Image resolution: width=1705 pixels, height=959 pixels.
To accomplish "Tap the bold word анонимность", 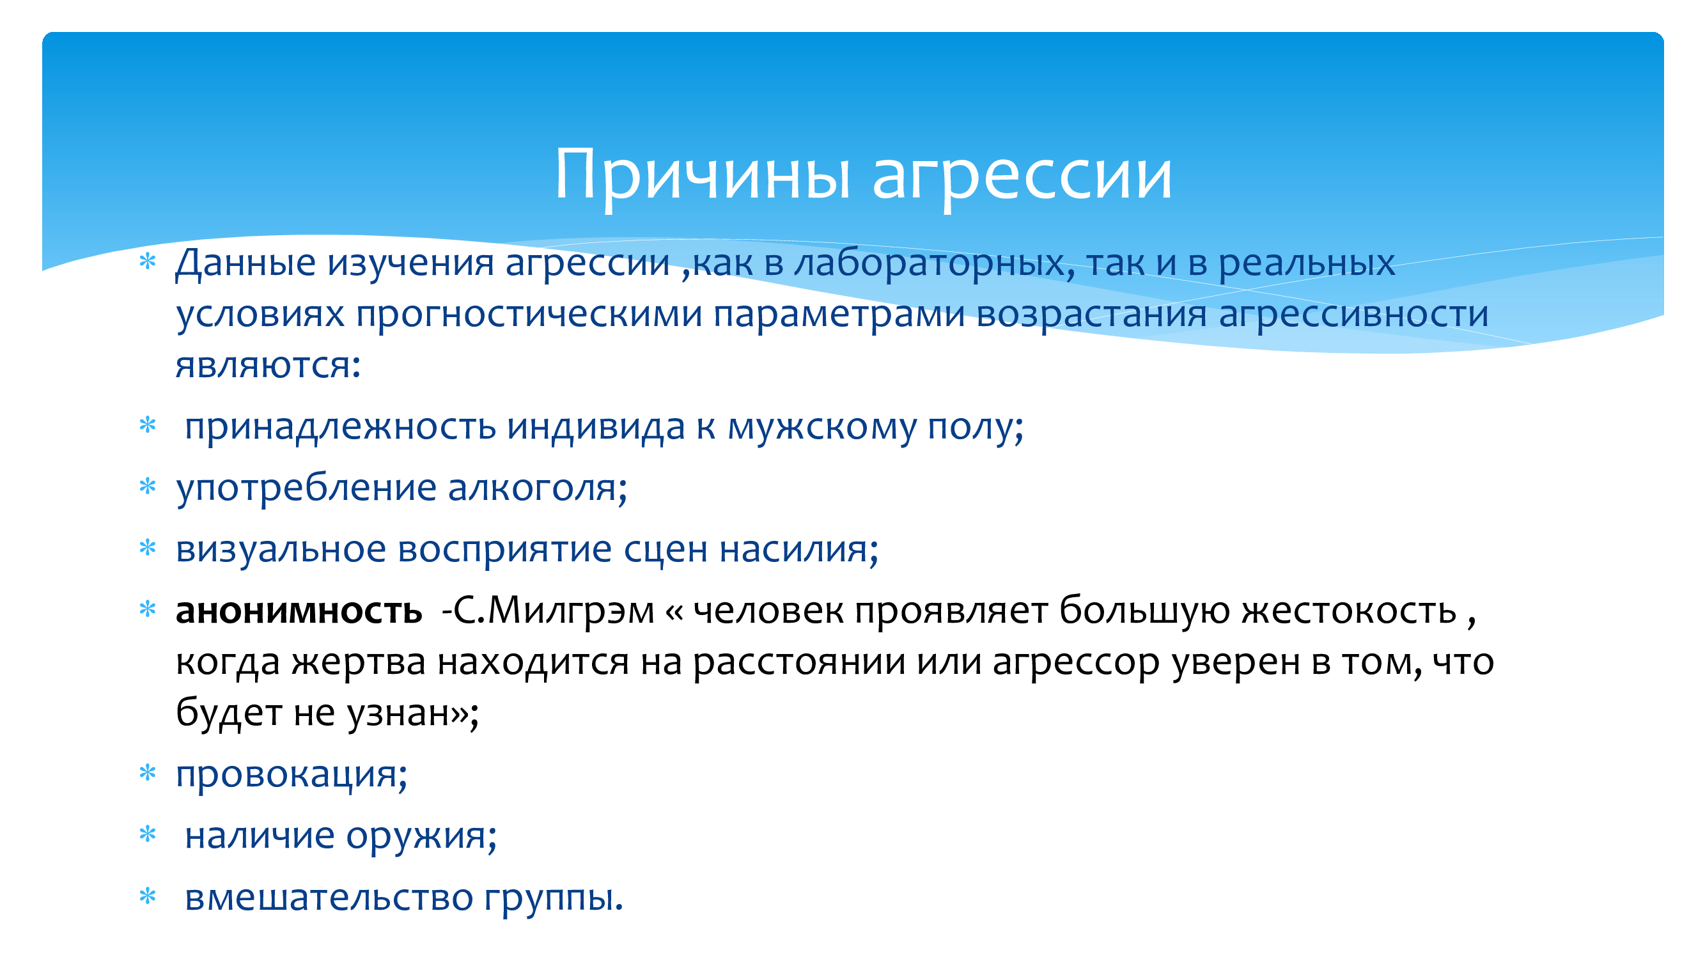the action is click(299, 610).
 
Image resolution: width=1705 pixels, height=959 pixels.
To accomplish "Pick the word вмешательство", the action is click(329, 898).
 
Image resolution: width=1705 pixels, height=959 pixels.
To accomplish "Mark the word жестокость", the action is click(1349, 610).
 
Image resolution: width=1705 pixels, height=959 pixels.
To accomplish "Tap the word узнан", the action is click(405, 713).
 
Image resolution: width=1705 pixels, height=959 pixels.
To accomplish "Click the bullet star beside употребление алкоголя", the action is click(148, 487).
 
